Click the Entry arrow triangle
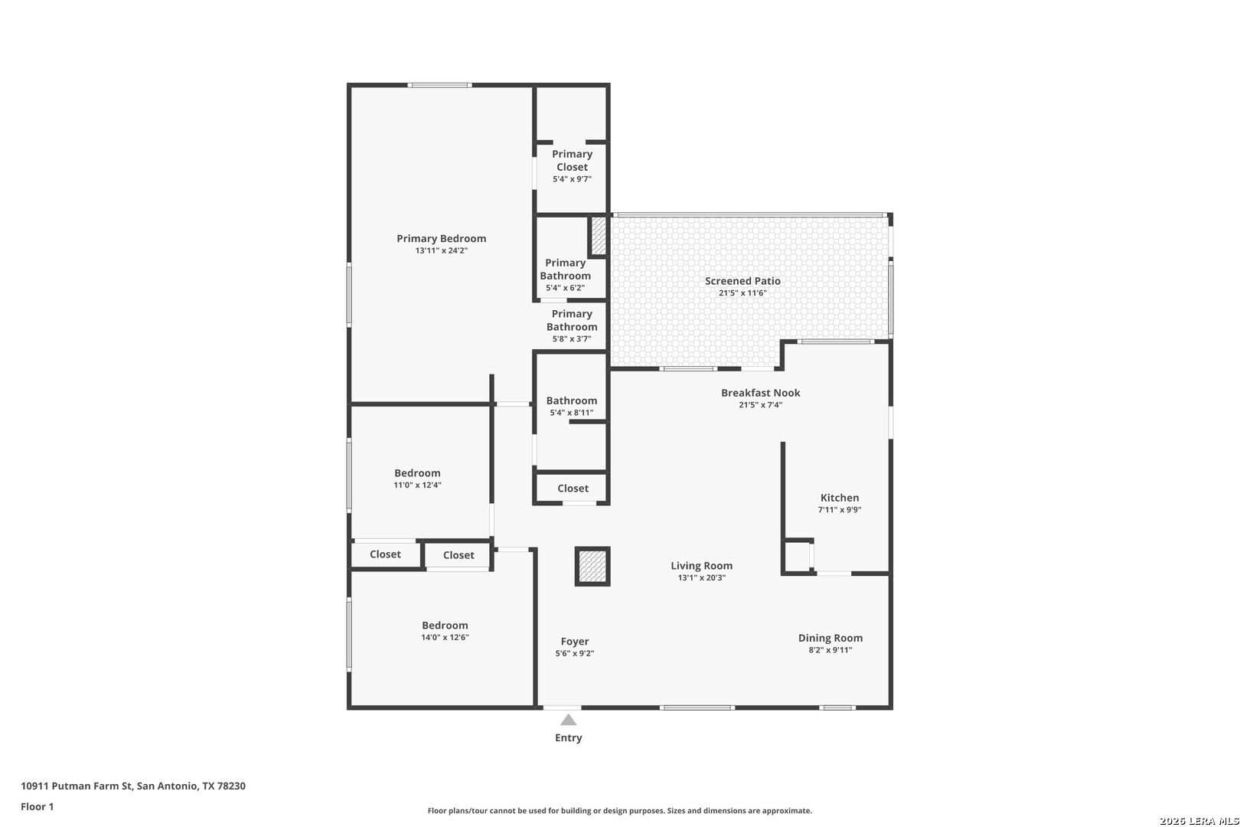click(x=569, y=720)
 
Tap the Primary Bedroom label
click(x=441, y=239)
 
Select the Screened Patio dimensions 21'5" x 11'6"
click(x=742, y=293)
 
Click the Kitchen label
click(x=839, y=498)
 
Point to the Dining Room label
click(x=830, y=638)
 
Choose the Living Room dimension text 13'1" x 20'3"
click(x=701, y=577)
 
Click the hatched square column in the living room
click(x=592, y=566)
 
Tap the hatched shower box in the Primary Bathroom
click(x=599, y=236)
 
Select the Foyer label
click(x=575, y=642)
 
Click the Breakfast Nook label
click(x=760, y=393)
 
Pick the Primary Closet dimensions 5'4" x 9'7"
click(x=572, y=179)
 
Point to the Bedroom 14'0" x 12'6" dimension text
click(x=445, y=637)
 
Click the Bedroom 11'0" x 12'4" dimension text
click(x=417, y=485)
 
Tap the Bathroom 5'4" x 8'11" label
click(x=571, y=400)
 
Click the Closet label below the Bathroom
click(x=573, y=488)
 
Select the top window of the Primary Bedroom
click(x=439, y=85)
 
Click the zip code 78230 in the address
click(x=231, y=786)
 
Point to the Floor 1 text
click(x=37, y=806)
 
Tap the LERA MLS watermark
click(x=1199, y=820)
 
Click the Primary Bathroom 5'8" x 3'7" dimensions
click(x=571, y=339)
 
